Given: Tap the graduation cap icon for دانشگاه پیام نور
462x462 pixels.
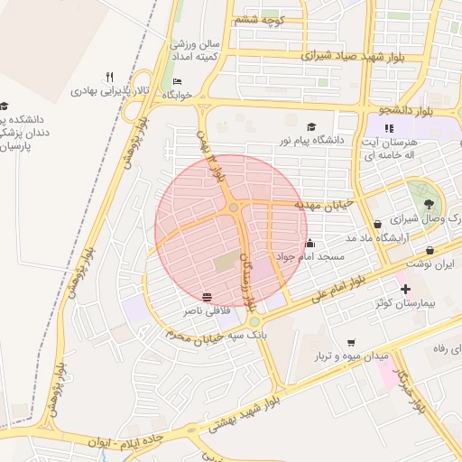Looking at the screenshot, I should (312, 127).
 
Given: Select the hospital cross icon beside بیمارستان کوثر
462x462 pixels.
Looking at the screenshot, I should (405, 290).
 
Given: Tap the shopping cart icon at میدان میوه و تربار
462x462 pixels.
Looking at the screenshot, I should (351, 342).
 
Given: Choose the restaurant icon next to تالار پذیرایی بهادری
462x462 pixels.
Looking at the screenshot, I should (109, 77).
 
